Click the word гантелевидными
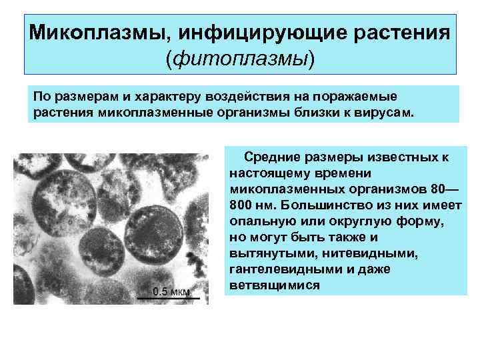(x=277, y=269)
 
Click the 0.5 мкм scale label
(x=171, y=291)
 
